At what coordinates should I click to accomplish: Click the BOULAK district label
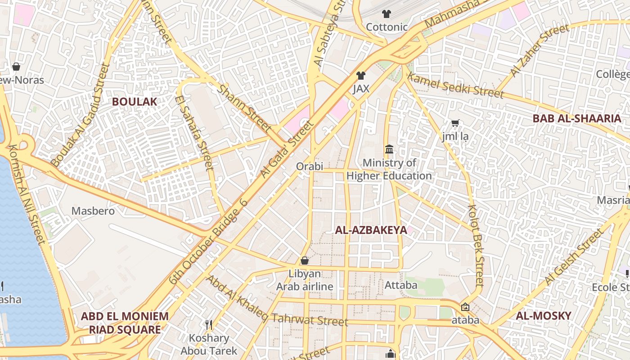(x=135, y=102)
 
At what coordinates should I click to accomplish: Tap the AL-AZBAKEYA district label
(x=371, y=230)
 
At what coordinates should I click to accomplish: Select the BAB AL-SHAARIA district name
(x=576, y=118)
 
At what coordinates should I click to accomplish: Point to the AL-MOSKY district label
(x=543, y=315)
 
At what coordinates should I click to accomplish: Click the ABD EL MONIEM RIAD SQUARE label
(x=125, y=323)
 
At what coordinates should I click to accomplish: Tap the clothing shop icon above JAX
(x=360, y=76)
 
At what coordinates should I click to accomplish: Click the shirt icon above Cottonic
(x=386, y=14)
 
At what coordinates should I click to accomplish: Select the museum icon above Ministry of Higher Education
(x=389, y=149)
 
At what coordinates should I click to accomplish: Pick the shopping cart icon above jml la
(x=455, y=123)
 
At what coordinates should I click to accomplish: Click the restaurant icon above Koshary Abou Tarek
(x=209, y=324)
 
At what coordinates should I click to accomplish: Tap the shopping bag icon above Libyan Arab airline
(x=305, y=261)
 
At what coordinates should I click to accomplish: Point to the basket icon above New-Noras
(x=16, y=67)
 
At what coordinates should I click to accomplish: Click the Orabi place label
(x=310, y=166)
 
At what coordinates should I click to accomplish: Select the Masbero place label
(x=93, y=211)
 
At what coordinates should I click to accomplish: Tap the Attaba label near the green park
(x=400, y=285)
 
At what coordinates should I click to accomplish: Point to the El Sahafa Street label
(x=194, y=133)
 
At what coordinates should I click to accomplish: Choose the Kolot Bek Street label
(x=476, y=245)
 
